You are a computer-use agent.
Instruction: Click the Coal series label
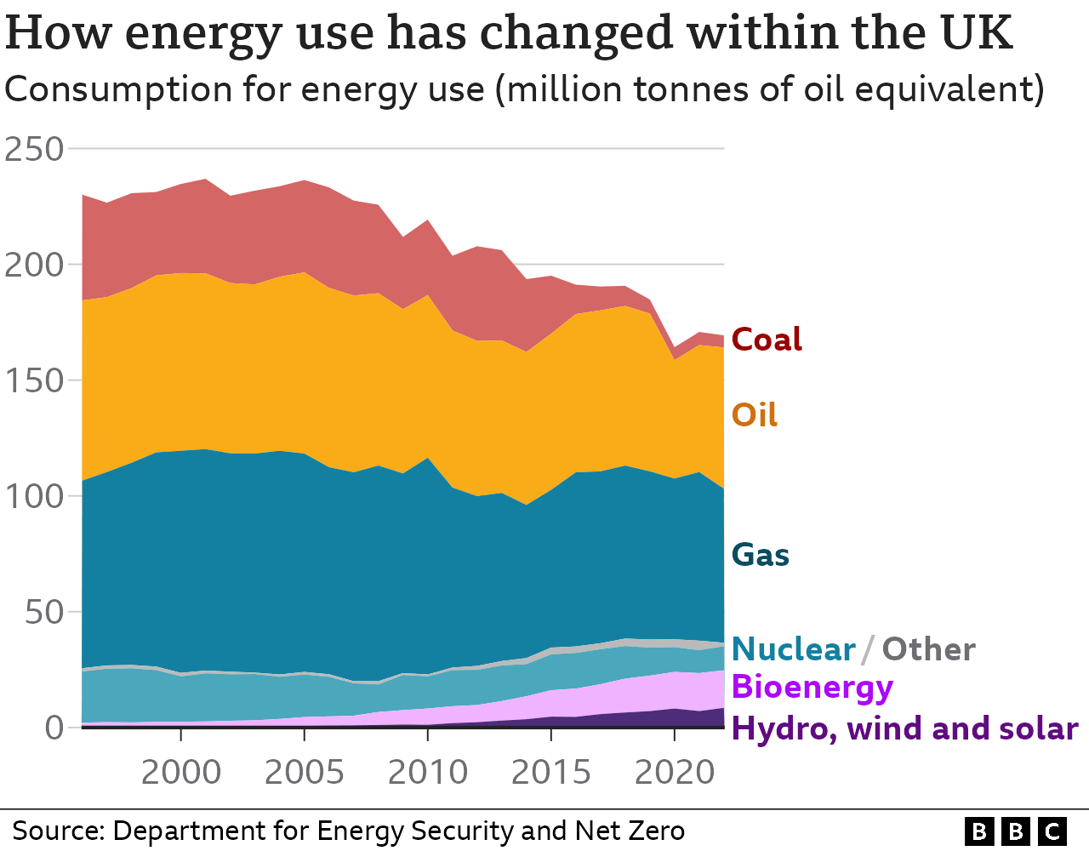pos(767,340)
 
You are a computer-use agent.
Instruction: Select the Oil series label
pos(755,415)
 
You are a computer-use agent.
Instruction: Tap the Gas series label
pos(761,555)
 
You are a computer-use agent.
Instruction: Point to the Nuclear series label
pos(793,649)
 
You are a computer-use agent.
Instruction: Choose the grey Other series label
pos(928,649)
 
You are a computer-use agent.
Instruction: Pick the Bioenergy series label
pos(812,687)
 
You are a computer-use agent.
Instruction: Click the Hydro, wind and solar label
pos(904,728)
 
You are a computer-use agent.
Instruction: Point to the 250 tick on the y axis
pos(35,150)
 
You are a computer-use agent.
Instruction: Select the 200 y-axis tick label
pos(35,266)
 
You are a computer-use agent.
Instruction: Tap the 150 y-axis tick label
pos(35,380)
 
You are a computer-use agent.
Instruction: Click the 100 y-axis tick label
pos(35,496)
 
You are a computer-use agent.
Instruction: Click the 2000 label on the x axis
pos(181,773)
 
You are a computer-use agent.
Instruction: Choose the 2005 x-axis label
pos(305,773)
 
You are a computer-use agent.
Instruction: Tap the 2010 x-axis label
pos(428,773)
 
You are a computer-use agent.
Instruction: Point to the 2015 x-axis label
pos(551,773)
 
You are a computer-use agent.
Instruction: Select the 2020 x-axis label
pos(675,773)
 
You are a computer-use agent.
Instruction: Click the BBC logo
pos(1016,831)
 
